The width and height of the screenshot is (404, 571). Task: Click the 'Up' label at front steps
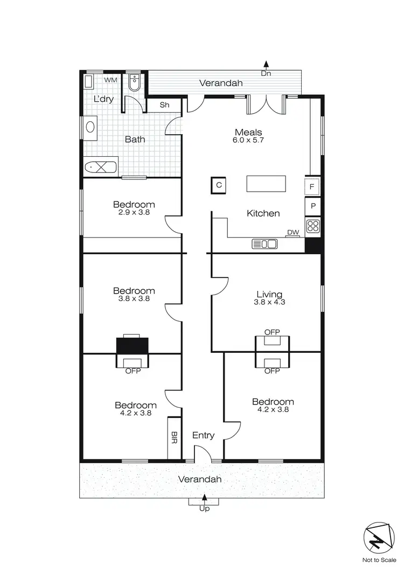204,509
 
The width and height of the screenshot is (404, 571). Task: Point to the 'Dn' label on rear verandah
266,73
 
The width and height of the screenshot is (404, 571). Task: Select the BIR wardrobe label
175,437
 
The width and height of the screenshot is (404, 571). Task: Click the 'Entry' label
203,435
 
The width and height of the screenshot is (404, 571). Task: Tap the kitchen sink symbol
264,244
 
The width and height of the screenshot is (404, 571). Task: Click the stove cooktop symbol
313,226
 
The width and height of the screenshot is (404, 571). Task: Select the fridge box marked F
313,187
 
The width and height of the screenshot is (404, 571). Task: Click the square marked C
219,185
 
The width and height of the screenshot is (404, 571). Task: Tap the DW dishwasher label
293,233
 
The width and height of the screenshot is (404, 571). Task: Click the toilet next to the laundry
134,83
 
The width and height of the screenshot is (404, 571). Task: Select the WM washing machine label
110,80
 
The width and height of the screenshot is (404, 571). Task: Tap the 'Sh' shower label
164,105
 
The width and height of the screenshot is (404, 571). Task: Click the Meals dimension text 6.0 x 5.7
248,140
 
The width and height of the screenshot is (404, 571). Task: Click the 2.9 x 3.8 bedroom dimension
134,212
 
